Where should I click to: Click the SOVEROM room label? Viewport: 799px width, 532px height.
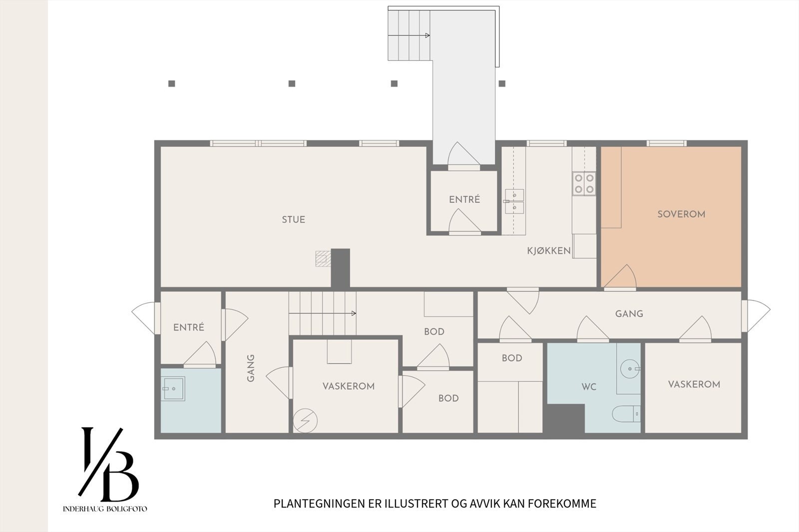(x=681, y=214)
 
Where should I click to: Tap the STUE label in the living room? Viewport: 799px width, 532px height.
(x=293, y=220)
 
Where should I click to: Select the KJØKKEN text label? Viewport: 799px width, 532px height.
(x=549, y=251)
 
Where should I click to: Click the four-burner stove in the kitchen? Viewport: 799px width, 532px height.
(x=584, y=183)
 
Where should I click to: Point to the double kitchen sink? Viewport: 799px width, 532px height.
(x=514, y=201)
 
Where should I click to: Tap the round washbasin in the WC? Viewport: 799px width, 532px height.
(x=629, y=369)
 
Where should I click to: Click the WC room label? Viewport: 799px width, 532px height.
(x=589, y=387)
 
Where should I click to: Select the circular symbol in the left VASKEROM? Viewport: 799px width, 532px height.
(x=305, y=420)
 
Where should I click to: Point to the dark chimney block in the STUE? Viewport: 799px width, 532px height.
(x=341, y=268)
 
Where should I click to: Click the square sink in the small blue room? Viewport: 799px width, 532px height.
(x=173, y=388)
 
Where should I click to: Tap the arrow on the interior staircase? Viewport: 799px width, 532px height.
(x=354, y=313)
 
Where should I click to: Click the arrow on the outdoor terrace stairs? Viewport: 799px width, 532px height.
(x=427, y=35)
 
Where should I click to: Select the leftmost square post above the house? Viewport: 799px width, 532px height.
(x=172, y=83)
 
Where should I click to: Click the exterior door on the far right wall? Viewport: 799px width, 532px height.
(x=756, y=315)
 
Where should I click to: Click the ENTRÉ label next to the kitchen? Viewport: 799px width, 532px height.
(x=464, y=200)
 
